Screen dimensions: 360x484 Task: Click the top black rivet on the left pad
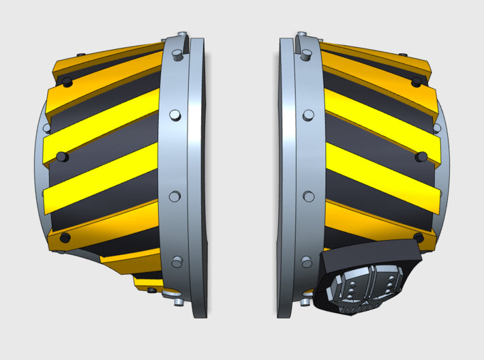67,82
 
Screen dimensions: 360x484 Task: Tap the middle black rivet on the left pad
62,157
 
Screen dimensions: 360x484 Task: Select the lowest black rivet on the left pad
65,237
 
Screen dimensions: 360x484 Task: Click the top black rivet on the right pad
417,82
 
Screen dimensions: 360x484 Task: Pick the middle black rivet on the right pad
421,157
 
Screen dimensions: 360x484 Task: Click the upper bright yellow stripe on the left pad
102,127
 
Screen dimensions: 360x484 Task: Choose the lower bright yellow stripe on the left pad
102,179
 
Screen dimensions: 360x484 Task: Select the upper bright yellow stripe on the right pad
382,127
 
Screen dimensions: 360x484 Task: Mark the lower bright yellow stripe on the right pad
382,179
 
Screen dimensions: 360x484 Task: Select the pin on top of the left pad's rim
181,36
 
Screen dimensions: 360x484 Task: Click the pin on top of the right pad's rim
300,36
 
